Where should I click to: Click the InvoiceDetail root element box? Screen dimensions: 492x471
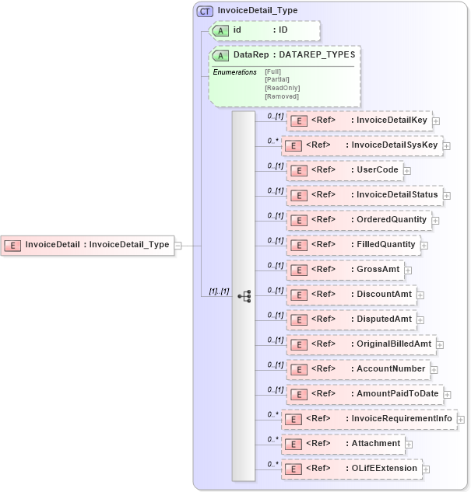pos(86,245)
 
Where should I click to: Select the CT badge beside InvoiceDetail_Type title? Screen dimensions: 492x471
pos(206,11)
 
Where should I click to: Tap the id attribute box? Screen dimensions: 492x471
pos(265,30)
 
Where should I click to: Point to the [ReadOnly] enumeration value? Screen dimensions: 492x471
pos(282,88)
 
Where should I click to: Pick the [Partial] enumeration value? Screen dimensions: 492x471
pos(278,79)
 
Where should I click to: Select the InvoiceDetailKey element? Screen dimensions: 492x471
pos(359,120)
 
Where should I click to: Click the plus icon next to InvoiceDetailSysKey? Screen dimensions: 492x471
pos(447,145)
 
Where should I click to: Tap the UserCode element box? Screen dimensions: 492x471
pos(344,170)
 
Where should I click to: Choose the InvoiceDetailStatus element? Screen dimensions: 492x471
pos(364,195)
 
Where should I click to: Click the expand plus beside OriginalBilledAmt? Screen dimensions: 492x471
pos(440,344)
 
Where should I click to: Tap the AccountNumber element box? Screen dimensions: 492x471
pos(357,369)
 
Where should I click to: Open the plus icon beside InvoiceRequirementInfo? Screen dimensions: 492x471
pos(461,420)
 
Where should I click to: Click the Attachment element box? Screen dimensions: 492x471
pos(343,444)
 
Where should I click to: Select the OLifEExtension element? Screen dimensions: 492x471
pos(351,469)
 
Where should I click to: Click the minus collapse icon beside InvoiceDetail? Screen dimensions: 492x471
pos(178,246)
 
